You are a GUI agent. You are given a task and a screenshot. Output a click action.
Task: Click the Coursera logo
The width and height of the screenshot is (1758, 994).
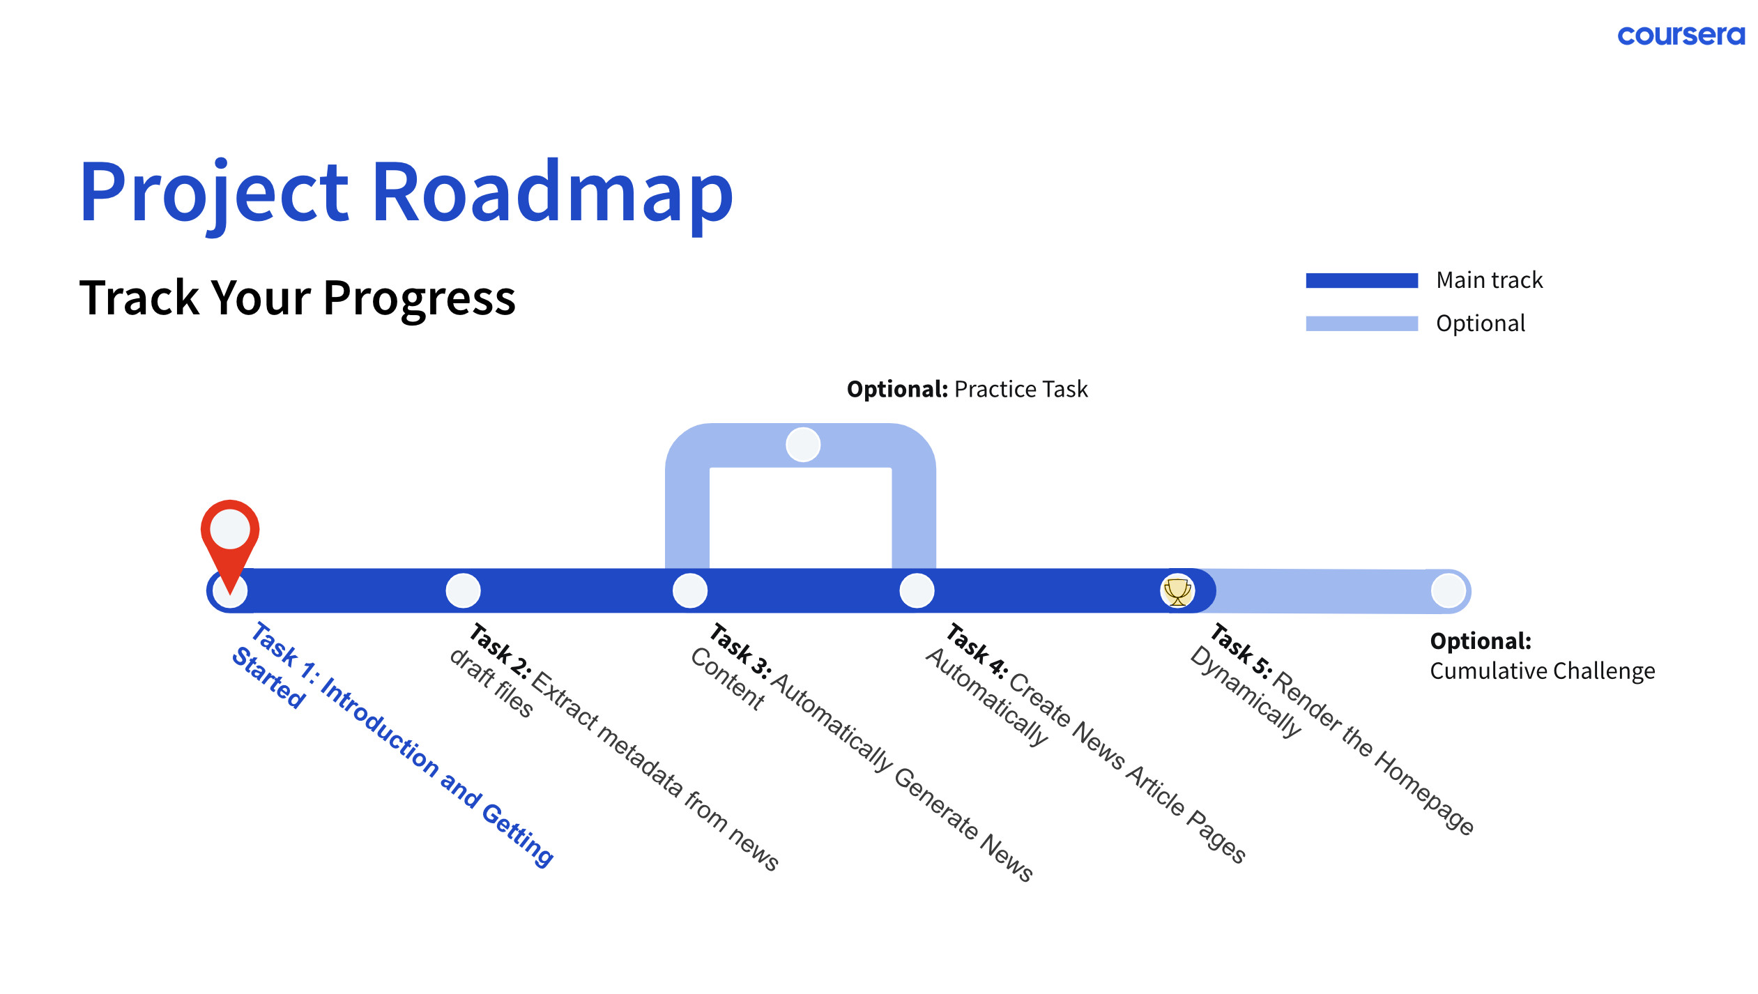coord(1681,35)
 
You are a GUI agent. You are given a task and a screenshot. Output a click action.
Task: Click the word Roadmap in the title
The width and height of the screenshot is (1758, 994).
coord(552,191)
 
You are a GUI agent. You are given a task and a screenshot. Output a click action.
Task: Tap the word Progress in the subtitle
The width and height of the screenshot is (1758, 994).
coord(419,298)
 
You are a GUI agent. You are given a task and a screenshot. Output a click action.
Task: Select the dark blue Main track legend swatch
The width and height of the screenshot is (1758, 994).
coord(1361,280)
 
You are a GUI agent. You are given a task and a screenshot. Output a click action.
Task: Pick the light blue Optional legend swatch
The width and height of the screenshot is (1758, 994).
coord(1361,323)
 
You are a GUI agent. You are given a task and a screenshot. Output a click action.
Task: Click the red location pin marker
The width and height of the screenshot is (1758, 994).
coord(230,537)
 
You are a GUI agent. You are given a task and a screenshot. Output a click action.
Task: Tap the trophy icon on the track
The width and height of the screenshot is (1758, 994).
coord(1177,591)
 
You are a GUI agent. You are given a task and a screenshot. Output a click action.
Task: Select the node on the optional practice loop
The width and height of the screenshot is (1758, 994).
coord(803,445)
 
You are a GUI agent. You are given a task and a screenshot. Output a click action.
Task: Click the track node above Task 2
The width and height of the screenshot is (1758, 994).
coord(463,591)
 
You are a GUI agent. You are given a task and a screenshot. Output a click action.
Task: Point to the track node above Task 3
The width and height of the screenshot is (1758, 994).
coord(690,591)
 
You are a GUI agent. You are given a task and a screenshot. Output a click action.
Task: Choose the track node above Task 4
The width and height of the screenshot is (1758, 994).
coord(917,591)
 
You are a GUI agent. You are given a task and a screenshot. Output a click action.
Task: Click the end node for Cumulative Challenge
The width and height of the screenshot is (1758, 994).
coord(1449,591)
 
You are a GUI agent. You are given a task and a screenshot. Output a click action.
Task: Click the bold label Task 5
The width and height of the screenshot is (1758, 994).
coord(1241,651)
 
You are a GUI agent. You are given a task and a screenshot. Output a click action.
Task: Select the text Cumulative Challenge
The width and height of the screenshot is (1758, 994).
coord(1542,671)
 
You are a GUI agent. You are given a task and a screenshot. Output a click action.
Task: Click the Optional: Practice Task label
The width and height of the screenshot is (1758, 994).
coord(967,389)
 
